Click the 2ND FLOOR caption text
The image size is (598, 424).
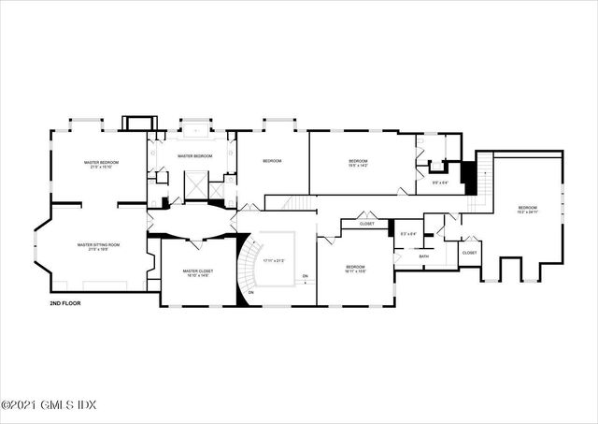click(67, 304)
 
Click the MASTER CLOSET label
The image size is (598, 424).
click(197, 271)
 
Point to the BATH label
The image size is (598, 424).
click(424, 256)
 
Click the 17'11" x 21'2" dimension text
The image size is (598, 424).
click(274, 260)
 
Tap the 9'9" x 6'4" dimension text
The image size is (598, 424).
click(439, 183)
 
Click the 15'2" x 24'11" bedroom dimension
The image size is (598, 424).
click(528, 212)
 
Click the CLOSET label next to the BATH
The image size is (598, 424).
click(469, 252)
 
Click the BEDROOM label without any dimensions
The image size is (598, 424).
click(272, 161)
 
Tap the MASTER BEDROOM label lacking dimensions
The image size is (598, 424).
click(196, 155)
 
